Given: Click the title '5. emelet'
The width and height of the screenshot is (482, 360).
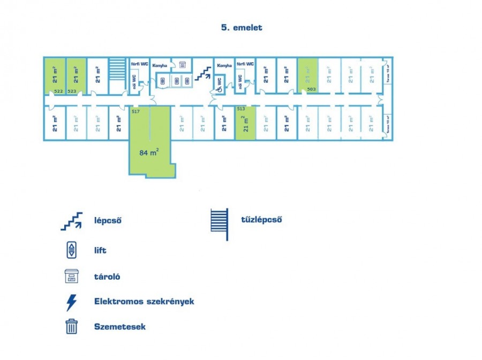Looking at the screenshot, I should point(241,27).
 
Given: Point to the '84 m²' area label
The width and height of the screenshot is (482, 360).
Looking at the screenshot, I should point(149,152).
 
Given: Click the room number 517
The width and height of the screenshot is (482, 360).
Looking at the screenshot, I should point(135,111).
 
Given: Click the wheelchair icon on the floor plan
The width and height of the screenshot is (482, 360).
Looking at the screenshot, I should point(219,89).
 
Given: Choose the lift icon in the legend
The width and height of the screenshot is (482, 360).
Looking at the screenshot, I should point(71,250).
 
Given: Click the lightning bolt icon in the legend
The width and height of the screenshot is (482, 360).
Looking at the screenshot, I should point(71,302).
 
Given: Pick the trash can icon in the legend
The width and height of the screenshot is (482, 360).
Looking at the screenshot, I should point(72,326).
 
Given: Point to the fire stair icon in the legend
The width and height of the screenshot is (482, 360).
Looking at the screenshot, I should point(220,224).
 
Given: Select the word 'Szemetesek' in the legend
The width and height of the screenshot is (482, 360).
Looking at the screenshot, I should point(119,326).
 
